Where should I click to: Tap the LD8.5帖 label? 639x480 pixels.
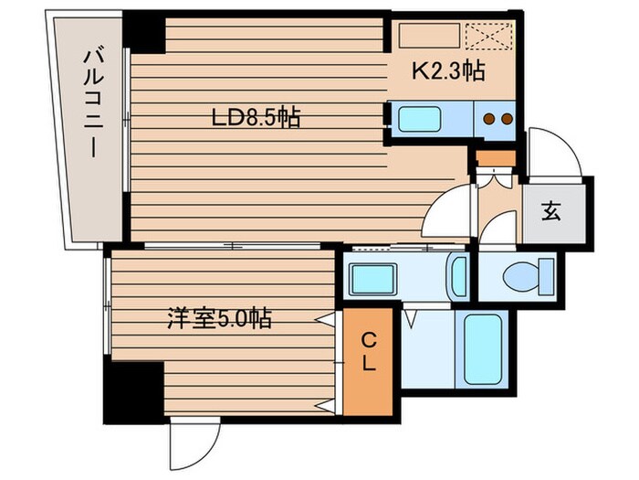[257, 118]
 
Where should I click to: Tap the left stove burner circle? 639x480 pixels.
[488, 118]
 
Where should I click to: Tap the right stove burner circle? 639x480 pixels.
[504, 118]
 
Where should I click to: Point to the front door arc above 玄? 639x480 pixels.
[554, 151]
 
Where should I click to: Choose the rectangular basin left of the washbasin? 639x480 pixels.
[372, 277]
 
